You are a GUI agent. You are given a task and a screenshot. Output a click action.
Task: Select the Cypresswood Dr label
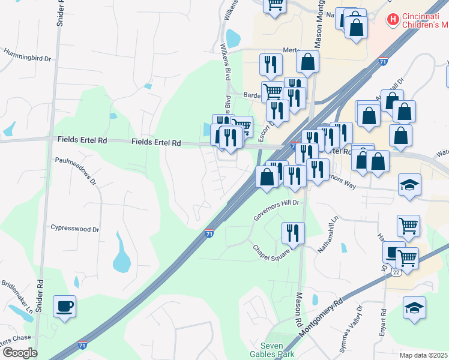(x=75, y=229)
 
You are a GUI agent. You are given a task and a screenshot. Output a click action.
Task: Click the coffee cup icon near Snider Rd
(x=64, y=307)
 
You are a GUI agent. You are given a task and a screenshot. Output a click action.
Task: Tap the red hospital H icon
(x=393, y=20)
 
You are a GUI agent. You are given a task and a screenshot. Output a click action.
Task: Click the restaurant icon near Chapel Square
(x=293, y=233)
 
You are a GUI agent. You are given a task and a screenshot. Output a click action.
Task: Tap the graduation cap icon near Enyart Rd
(x=414, y=308)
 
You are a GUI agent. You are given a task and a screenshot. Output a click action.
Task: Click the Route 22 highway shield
(x=396, y=272)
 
